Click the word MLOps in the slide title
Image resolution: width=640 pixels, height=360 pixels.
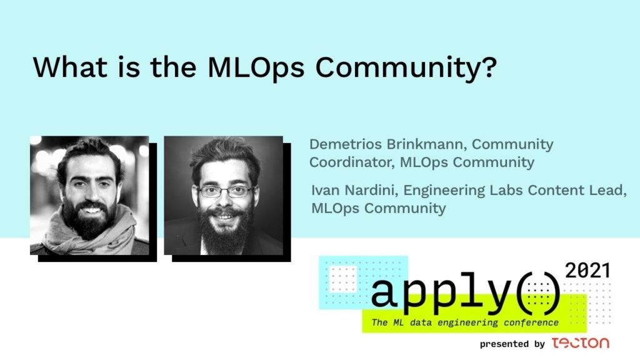(x=256, y=67)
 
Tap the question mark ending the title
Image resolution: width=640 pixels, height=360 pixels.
(x=489, y=66)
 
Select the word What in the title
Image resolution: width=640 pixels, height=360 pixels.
(x=70, y=67)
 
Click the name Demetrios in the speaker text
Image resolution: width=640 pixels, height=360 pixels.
(x=345, y=144)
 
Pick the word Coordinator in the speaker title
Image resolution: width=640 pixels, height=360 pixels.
(x=352, y=162)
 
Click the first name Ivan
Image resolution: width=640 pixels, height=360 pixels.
(x=325, y=190)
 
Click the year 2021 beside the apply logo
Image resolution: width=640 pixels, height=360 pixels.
(x=587, y=271)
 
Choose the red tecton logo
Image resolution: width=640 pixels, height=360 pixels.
(x=581, y=343)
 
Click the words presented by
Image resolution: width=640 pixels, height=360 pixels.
(x=512, y=344)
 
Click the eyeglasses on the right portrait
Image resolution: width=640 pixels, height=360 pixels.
(x=225, y=191)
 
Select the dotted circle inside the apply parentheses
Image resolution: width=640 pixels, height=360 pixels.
(x=538, y=294)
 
